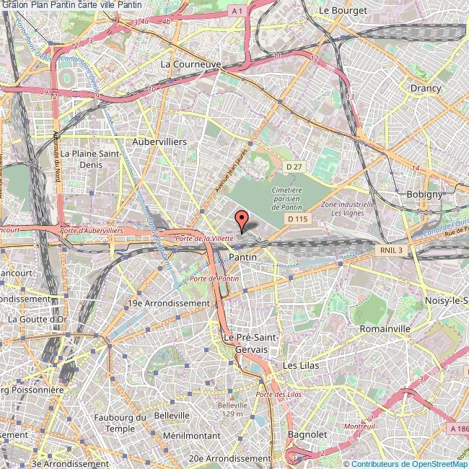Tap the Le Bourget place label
click(x=343, y=11)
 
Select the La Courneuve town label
click(x=190, y=63)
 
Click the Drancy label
click(x=425, y=88)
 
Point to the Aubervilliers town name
click(x=159, y=142)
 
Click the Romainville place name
click(x=385, y=328)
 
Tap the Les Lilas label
click(x=300, y=366)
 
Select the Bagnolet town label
click(x=308, y=434)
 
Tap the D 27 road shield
click(x=293, y=167)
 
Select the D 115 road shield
click(x=297, y=219)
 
